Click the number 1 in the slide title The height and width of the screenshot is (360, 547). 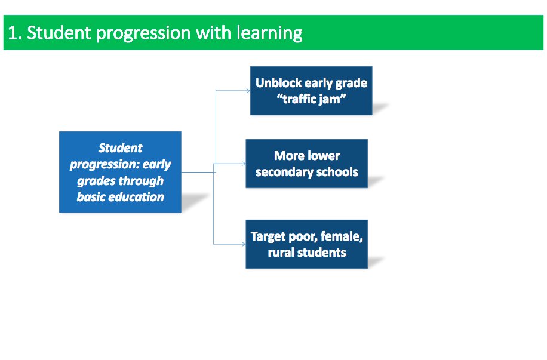[x=13, y=33]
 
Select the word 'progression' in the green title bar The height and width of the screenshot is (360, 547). [x=138, y=33]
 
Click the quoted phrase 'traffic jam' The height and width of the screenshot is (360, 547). [x=312, y=99]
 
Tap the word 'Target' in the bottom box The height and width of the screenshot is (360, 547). [x=269, y=236]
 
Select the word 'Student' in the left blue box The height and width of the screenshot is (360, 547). [x=120, y=148]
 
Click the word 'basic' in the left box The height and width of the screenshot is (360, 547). [x=91, y=197]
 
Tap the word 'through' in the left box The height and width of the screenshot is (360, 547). [x=141, y=181]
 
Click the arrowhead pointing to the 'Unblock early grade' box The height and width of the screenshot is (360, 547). [x=248, y=91]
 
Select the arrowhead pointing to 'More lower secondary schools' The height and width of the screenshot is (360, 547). [x=243, y=164]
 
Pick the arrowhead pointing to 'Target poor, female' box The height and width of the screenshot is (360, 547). [x=243, y=244]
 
